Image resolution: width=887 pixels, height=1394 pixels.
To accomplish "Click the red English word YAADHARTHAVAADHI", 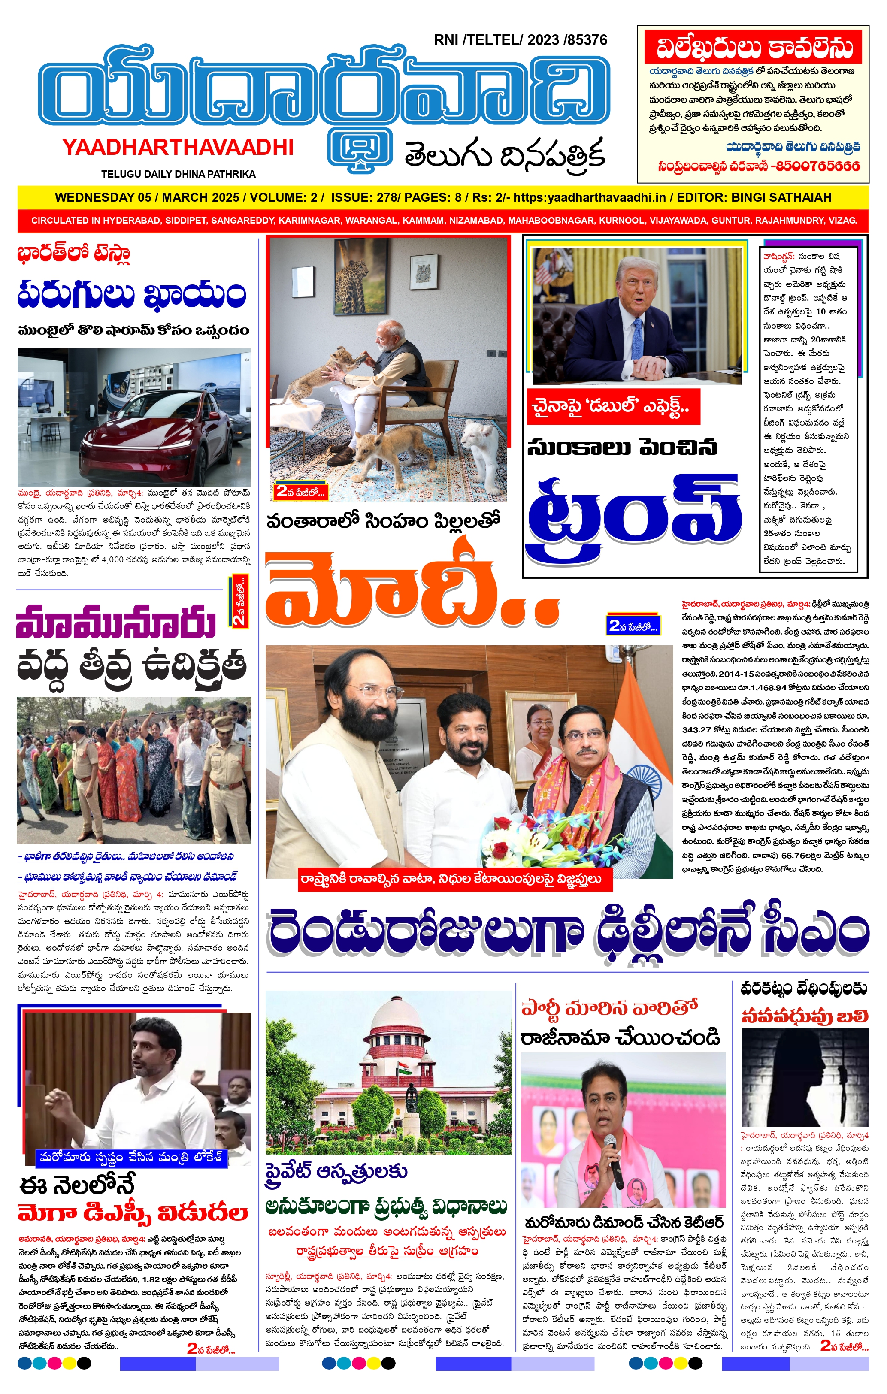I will click(178, 148).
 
